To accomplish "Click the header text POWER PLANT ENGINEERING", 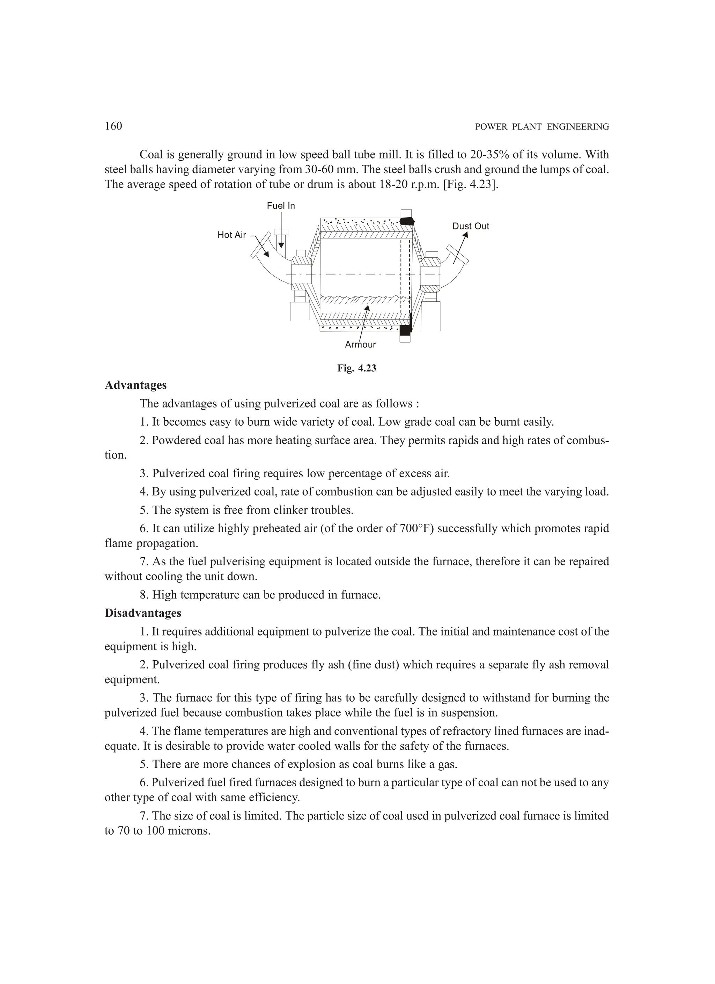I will (x=542, y=127).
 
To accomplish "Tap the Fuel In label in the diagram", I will (x=281, y=206).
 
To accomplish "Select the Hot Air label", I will (x=232, y=235).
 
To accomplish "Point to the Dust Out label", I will (x=471, y=226).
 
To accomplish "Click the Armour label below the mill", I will (x=360, y=345).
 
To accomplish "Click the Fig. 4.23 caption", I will (x=357, y=368).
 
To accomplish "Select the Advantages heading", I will (x=135, y=385).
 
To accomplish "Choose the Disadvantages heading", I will (x=143, y=613).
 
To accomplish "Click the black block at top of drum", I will (x=406, y=221).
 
